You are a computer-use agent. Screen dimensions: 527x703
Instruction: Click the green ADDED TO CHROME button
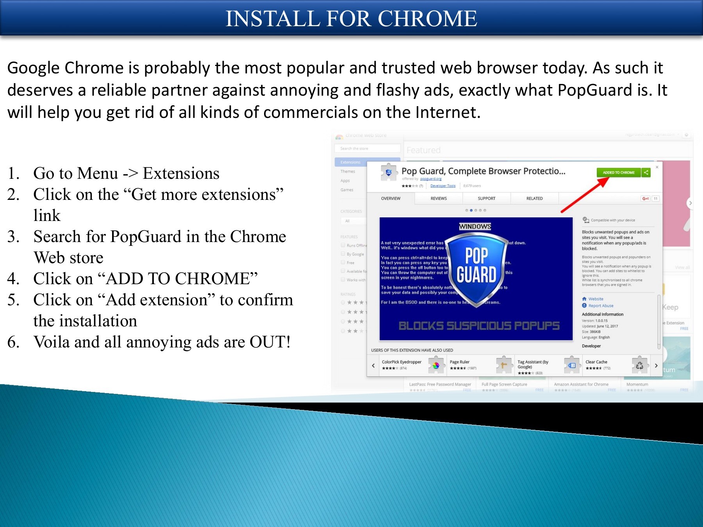click(x=618, y=173)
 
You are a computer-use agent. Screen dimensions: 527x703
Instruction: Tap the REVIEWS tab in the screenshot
click(x=438, y=198)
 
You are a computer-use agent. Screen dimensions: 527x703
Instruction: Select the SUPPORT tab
click(x=486, y=198)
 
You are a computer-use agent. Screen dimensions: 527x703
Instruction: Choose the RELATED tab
click(x=534, y=198)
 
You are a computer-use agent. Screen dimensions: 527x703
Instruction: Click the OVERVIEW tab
click(x=391, y=198)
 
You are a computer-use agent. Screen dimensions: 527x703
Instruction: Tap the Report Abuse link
click(x=601, y=306)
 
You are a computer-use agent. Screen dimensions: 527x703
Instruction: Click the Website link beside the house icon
click(x=596, y=299)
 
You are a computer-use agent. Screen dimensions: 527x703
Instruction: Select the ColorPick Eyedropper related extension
click(x=401, y=362)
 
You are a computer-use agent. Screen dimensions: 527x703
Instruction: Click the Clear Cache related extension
click(x=596, y=362)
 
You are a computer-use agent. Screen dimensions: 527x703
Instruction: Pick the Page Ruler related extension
click(x=460, y=362)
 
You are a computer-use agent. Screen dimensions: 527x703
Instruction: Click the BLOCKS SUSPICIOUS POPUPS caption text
click(x=479, y=326)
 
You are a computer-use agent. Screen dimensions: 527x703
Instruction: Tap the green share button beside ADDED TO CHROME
click(x=646, y=173)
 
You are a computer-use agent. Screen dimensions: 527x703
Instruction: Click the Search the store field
click(x=367, y=148)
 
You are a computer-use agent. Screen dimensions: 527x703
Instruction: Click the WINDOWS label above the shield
click(x=475, y=226)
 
